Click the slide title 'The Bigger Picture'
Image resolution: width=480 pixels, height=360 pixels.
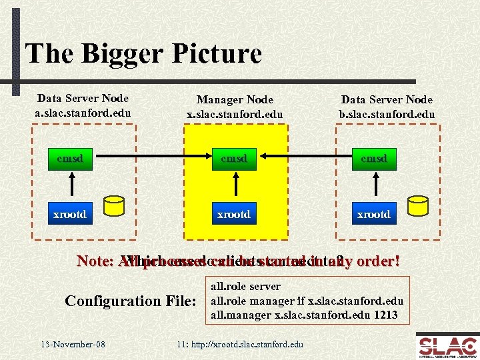point(143,53)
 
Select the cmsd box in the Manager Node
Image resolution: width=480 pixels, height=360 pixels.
point(235,159)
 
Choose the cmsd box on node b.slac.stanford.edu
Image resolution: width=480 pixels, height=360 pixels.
point(373,159)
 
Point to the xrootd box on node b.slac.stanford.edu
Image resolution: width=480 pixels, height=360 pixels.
point(373,213)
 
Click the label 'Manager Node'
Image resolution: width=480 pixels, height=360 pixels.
point(234,100)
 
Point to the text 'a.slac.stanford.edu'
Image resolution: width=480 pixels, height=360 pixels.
point(83,112)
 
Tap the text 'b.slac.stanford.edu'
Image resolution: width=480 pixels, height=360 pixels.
point(387,114)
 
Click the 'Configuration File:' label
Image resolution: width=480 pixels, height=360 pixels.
point(131,301)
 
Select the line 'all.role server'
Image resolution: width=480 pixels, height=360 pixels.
point(245,287)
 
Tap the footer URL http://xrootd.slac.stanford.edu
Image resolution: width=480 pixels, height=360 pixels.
point(240,344)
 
